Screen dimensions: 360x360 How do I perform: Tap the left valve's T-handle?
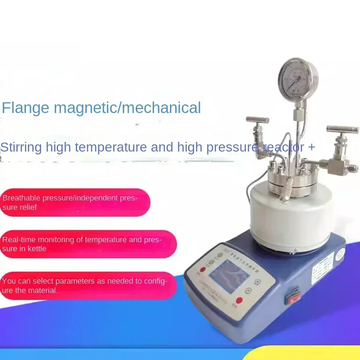(257, 120)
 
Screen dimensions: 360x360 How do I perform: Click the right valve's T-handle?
(342, 130)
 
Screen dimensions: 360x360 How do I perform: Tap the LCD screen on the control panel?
(229, 276)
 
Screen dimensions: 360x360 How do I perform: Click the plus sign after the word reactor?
(311, 147)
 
